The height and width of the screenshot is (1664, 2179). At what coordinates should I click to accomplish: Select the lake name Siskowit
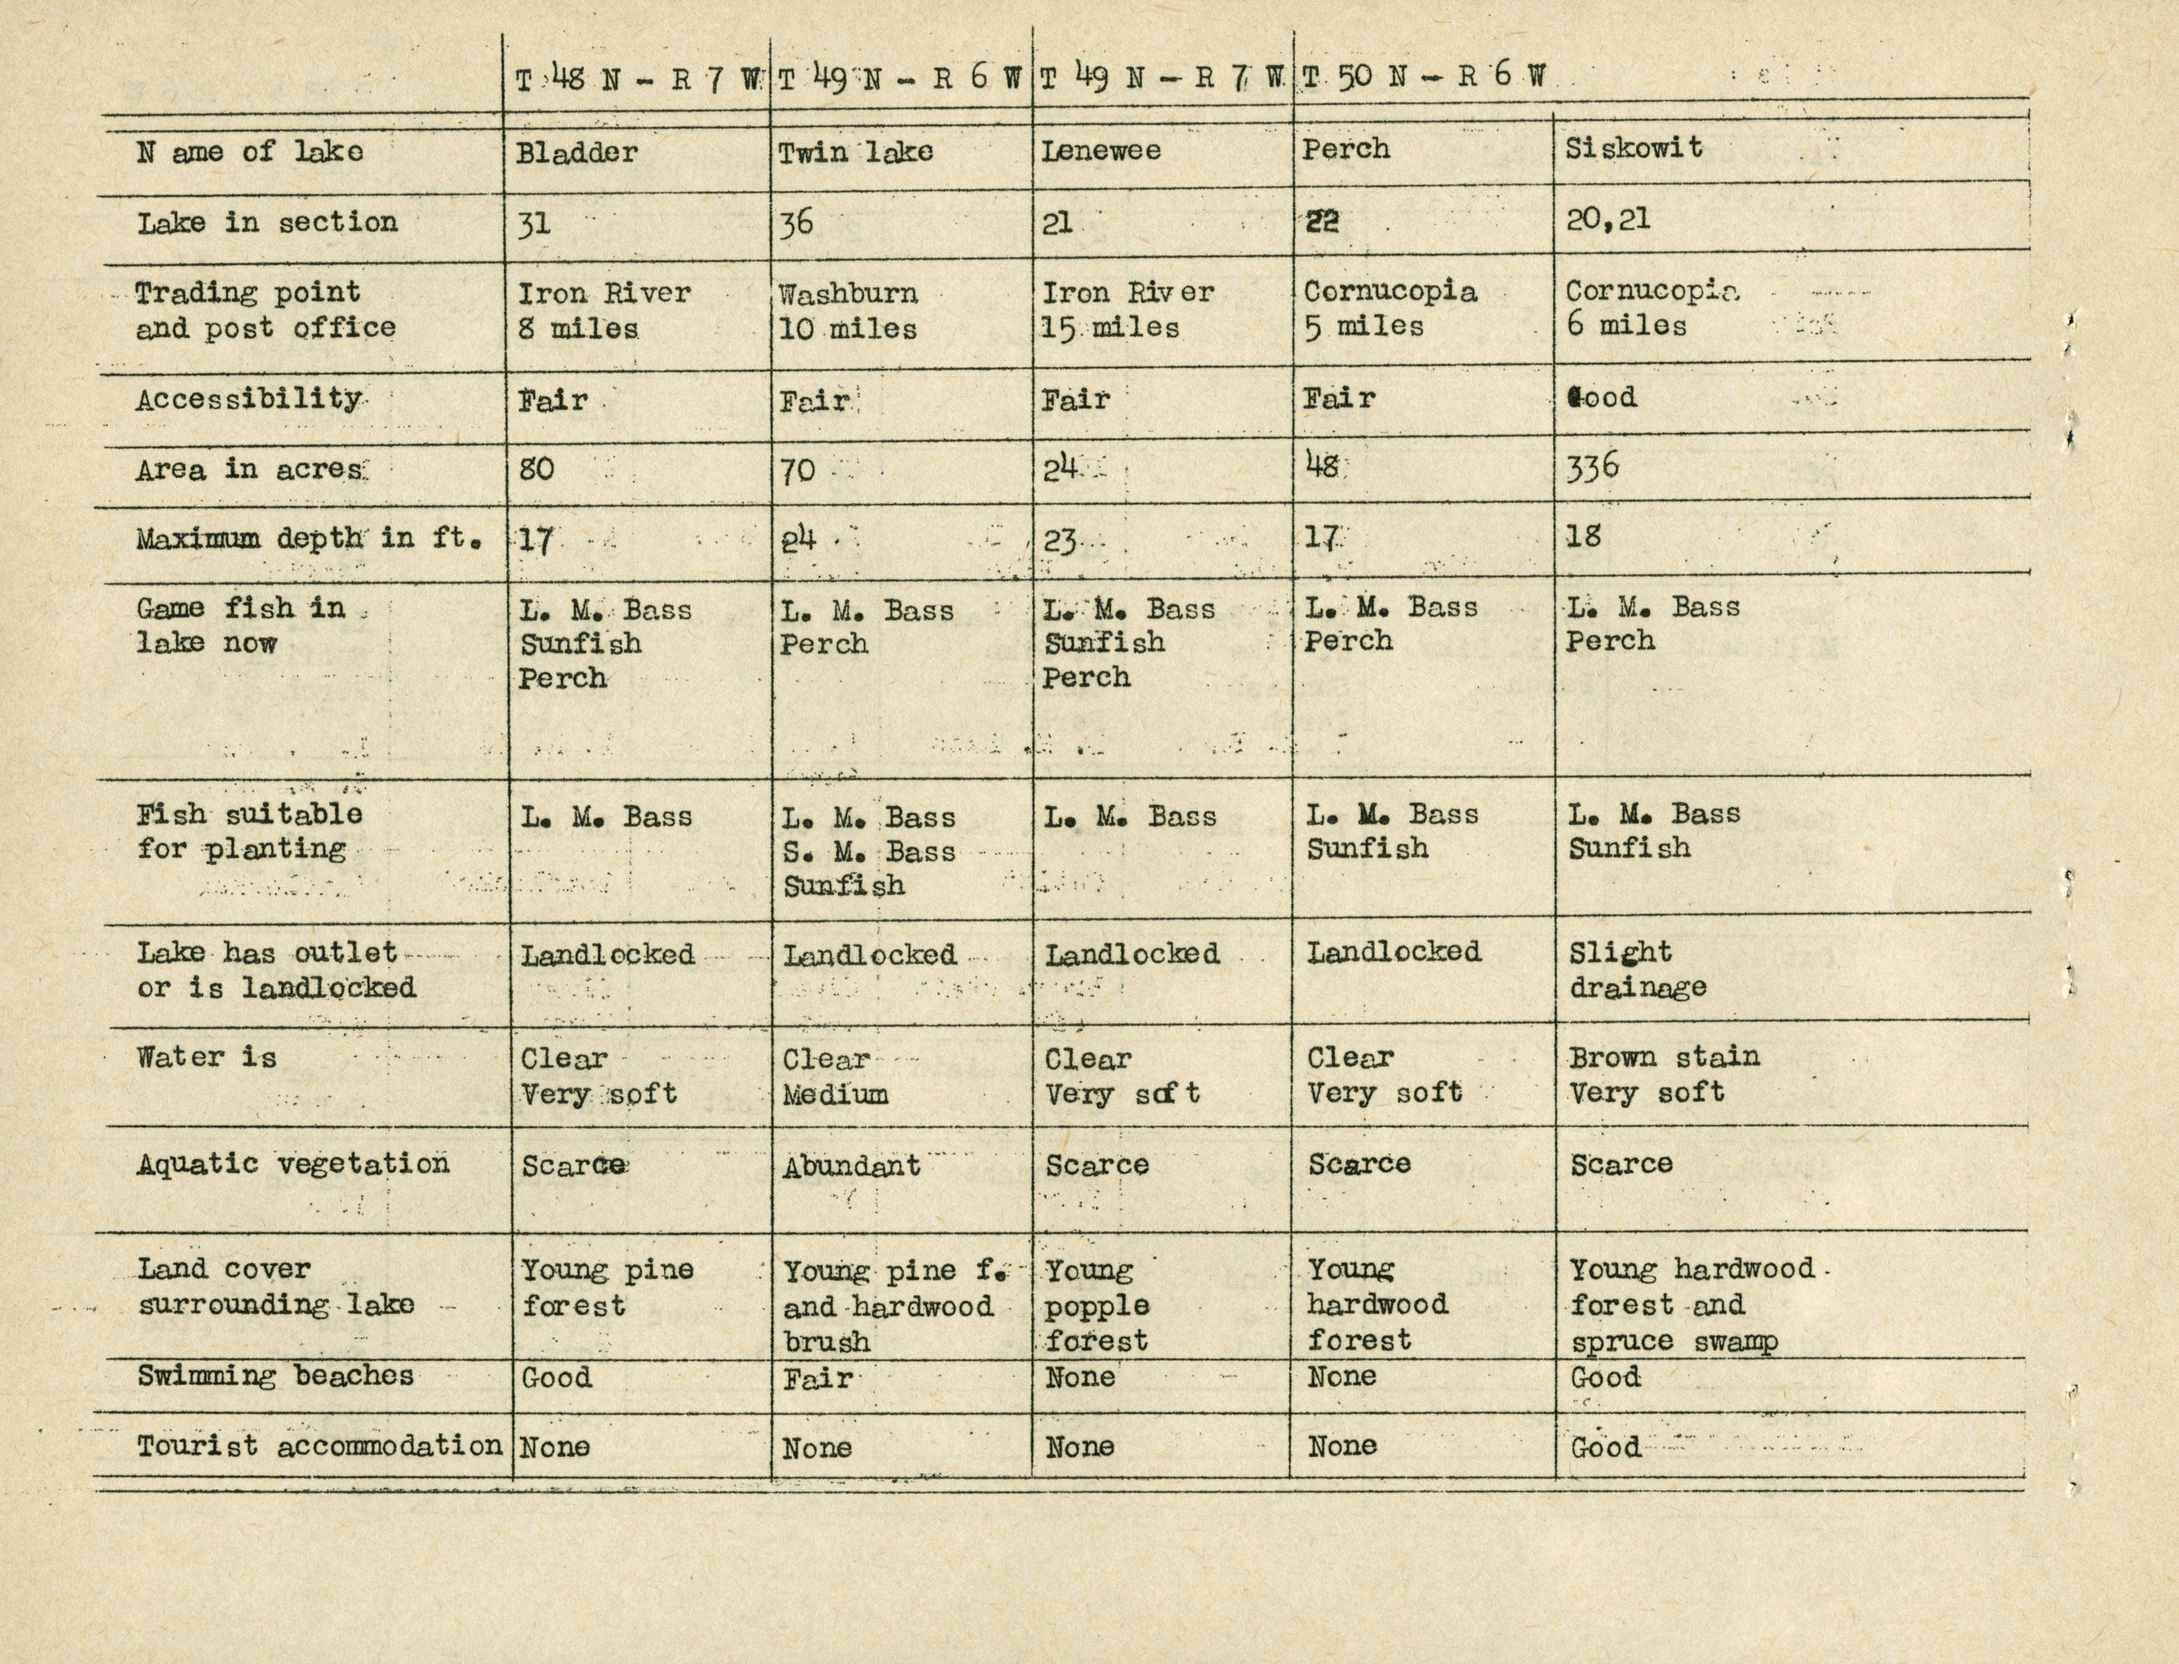click(1634, 149)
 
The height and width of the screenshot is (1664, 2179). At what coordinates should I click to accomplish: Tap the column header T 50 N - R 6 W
click(1423, 78)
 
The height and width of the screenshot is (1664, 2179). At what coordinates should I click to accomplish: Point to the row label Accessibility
click(249, 399)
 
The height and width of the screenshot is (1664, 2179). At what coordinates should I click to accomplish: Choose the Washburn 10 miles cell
click(848, 311)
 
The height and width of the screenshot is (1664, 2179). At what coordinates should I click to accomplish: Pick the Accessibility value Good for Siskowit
click(1601, 398)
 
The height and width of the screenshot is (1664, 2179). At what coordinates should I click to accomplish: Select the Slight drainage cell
click(1637, 970)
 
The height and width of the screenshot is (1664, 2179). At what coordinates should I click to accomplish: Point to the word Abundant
click(851, 1167)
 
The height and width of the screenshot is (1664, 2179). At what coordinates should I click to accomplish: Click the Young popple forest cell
click(1096, 1306)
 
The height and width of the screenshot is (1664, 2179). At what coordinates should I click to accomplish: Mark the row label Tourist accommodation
click(319, 1446)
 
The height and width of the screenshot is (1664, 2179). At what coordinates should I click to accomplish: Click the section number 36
click(795, 222)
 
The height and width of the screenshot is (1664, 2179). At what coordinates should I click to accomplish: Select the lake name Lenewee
click(1101, 151)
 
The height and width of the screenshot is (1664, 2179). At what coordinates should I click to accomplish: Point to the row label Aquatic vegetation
click(292, 1164)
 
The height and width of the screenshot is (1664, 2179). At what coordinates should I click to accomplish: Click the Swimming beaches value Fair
click(817, 1378)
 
